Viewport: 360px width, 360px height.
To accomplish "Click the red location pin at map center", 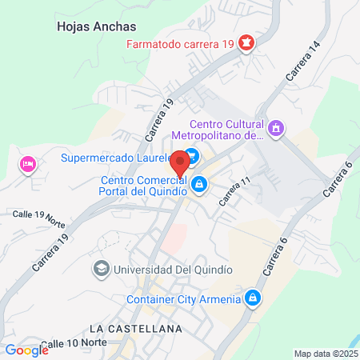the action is (x=180, y=164).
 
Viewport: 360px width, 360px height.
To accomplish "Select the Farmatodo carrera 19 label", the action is (x=180, y=43).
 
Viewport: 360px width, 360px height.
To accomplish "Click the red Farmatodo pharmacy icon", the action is (x=247, y=42).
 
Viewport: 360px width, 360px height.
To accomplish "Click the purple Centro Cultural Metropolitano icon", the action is (x=277, y=128).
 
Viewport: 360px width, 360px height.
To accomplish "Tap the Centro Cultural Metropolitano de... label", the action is (x=226, y=129).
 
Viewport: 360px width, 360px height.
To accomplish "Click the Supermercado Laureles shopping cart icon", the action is (x=193, y=157).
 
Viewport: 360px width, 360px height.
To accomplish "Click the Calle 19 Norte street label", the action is (x=38, y=216).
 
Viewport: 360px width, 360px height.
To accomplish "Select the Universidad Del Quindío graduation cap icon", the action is (x=102, y=270).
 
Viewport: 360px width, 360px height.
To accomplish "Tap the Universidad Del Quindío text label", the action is (x=173, y=270).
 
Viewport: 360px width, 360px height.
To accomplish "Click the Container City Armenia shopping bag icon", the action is (x=253, y=298).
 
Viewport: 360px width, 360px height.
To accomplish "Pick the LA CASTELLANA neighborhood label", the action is (x=135, y=329).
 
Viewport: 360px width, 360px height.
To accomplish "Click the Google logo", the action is (x=26, y=350).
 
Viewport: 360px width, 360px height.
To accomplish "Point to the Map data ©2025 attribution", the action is (x=326, y=354).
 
